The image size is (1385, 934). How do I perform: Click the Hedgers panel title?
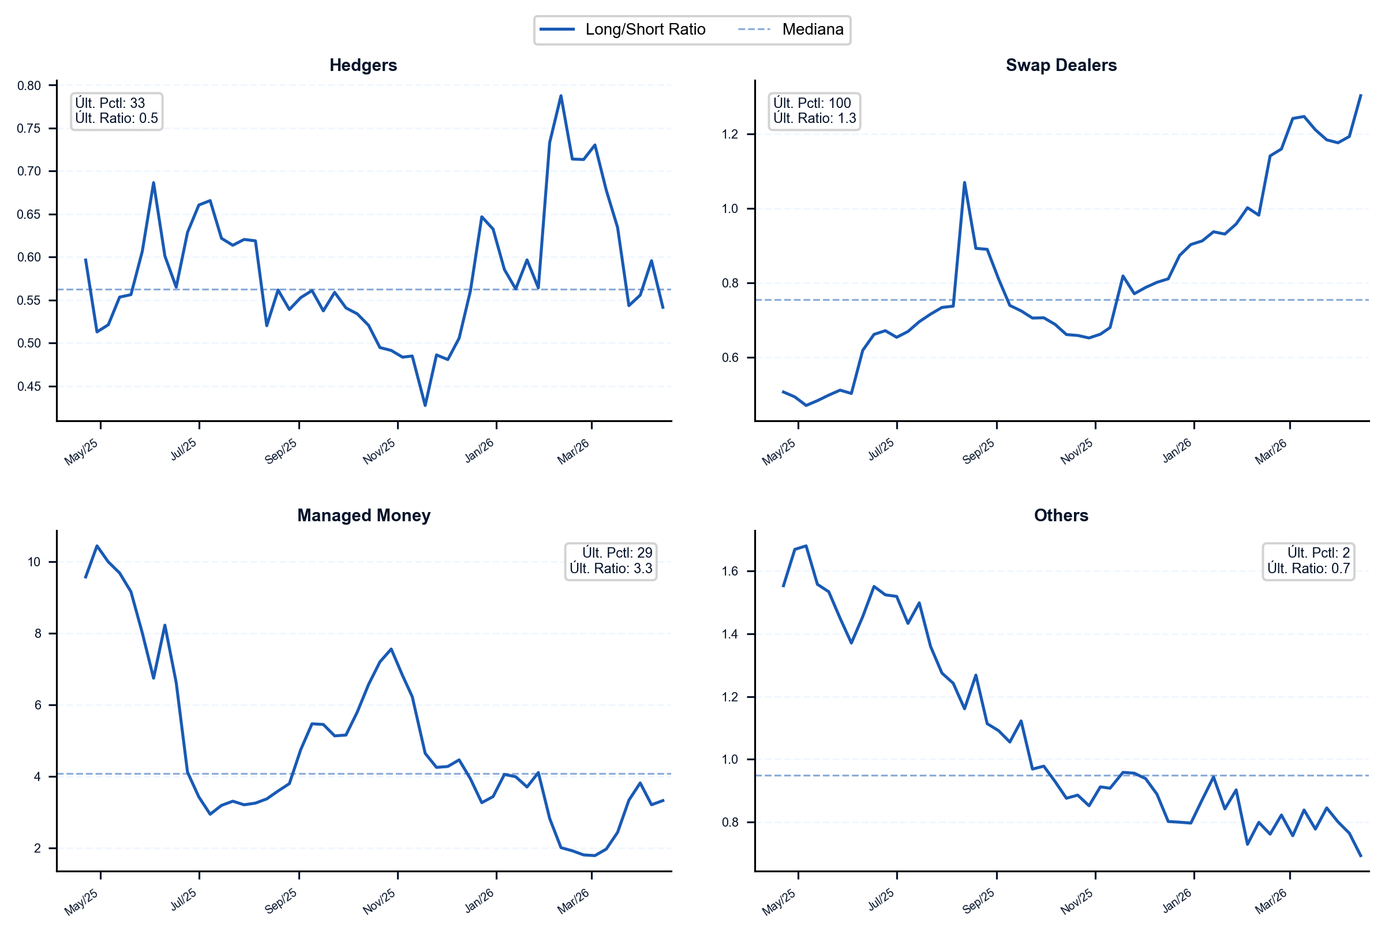click(363, 65)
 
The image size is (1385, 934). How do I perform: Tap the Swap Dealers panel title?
click(1061, 65)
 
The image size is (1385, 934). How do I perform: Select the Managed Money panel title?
click(364, 515)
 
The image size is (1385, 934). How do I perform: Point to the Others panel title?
click(1061, 515)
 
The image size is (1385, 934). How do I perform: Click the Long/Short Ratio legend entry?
click(622, 29)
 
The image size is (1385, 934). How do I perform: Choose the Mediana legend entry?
click(791, 29)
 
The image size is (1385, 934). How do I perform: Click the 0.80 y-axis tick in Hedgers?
click(29, 86)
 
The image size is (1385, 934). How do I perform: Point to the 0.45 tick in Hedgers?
click(29, 387)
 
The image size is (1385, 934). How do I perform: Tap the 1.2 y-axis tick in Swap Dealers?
click(730, 135)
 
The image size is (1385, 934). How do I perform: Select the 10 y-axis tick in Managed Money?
click(34, 562)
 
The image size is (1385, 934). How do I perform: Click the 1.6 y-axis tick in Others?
click(730, 571)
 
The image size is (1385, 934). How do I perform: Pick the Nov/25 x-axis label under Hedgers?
click(379, 451)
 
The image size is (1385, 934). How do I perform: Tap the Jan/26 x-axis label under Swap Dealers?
click(1177, 451)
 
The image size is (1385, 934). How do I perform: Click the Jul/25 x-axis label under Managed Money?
click(184, 899)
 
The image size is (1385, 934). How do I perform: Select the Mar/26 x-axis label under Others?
click(1271, 901)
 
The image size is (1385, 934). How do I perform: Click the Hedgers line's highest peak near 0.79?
click(561, 96)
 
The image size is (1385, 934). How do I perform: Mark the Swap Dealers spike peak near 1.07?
click(965, 183)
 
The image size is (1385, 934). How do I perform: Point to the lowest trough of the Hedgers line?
click(425, 406)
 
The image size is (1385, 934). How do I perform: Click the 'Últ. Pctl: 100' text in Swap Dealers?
click(812, 103)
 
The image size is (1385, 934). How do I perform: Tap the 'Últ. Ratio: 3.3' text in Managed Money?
click(611, 568)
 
